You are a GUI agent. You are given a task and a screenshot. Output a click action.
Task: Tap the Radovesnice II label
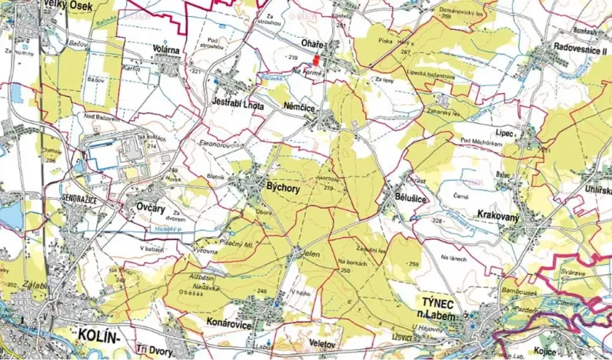pos(580,48)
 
